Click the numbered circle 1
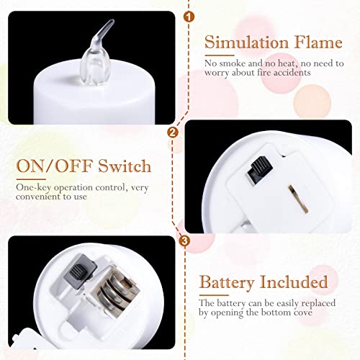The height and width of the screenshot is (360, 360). tap(189, 16)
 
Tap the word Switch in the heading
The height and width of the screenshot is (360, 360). tap(125, 168)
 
